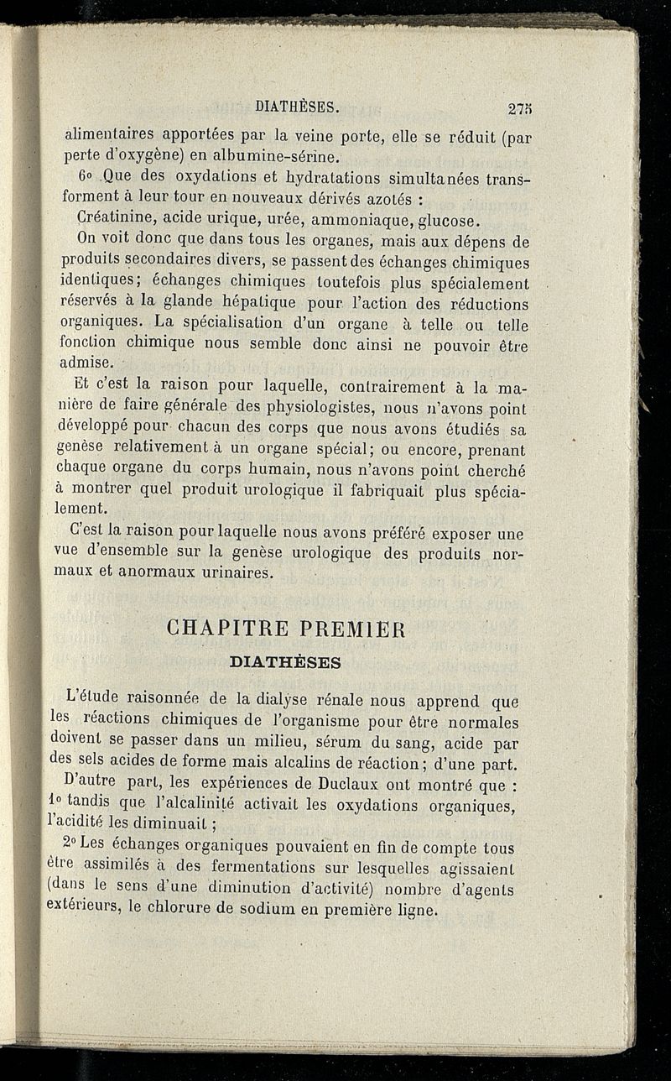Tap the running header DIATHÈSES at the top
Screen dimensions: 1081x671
tap(296, 107)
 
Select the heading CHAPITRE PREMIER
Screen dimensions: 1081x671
tap(286, 629)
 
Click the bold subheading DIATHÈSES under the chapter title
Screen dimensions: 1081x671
tap(285, 662)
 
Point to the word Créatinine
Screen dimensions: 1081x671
tap(115, 222)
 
